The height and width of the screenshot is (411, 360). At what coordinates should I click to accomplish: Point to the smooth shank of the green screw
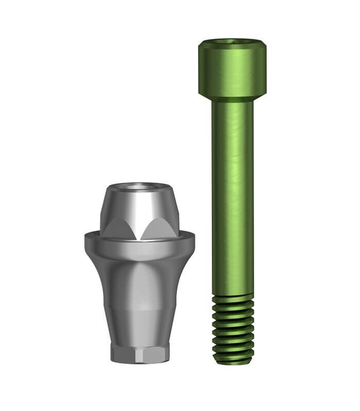point(232,195)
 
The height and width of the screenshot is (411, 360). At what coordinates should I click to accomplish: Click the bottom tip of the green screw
point(232,362)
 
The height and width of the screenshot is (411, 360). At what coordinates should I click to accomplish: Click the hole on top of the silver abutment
point(140,187)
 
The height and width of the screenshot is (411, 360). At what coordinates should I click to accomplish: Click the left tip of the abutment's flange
point(86,239)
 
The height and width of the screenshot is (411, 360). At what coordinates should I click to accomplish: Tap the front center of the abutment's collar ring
point(140,249)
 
